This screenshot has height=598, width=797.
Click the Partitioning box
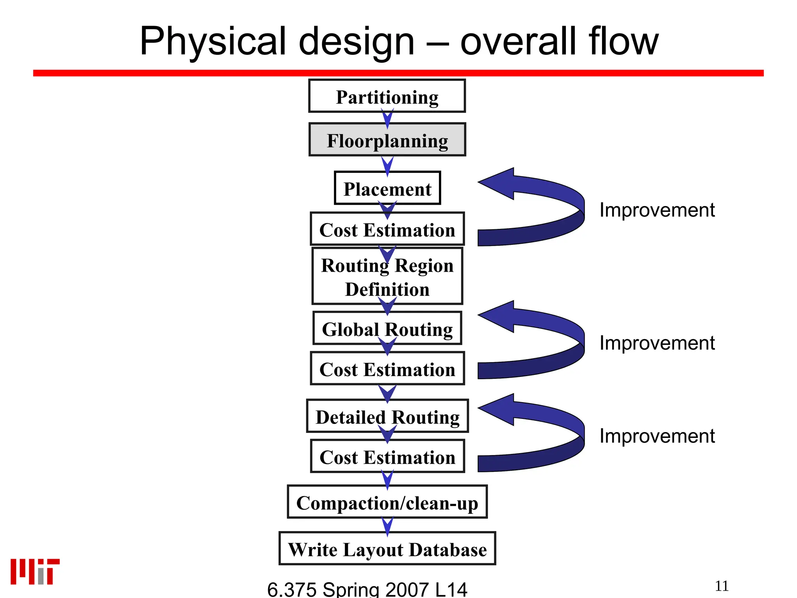click(387, 96)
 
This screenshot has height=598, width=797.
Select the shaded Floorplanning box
click(387, 140)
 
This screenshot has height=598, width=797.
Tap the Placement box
click(387, 188)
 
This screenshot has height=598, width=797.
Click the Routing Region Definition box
click(387, 276)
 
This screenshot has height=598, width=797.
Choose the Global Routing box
click(387, 328)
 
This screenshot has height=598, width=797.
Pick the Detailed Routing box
click(387, 416)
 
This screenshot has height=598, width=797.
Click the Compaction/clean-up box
click(387, 502)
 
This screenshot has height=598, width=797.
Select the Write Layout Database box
click(387, 549)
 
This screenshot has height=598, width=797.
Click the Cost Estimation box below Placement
click(387, 229)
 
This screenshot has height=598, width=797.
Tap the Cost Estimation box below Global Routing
click(387, 368)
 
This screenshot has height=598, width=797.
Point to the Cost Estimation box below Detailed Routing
click(387, 456)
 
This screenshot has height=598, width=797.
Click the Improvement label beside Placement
click(657, 210)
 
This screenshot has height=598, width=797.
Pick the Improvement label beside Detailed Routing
click(657, 436)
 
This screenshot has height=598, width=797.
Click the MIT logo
click(35, 572)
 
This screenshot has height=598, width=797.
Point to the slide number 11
click(722, 586)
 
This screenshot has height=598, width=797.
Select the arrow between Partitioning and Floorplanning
click(387, 118)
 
